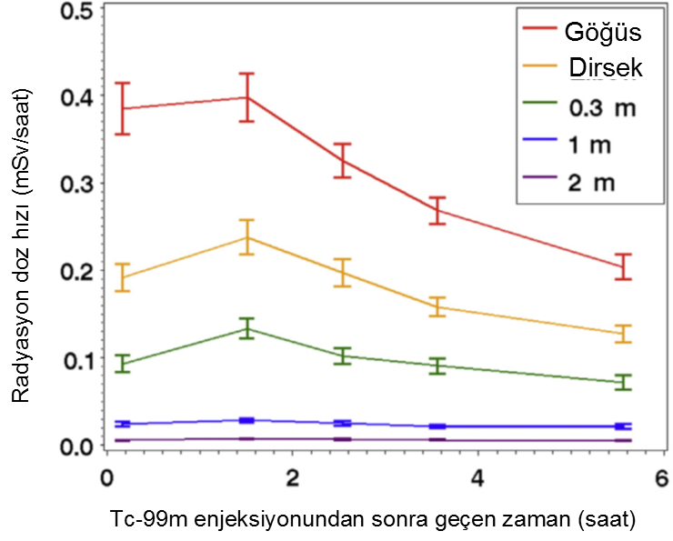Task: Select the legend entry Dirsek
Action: click(605, 69)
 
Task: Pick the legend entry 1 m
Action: click(590, 144)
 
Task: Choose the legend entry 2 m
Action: click(592, 181)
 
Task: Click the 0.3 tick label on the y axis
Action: click(72, 184)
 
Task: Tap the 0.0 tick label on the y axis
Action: click(72, 446)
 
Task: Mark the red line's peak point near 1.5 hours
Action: click(246, 97)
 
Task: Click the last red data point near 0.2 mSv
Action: click(623, 266)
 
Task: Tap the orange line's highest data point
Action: click(246, 237)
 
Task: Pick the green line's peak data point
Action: click(246, 328)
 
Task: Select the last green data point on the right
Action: click(623, 382)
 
